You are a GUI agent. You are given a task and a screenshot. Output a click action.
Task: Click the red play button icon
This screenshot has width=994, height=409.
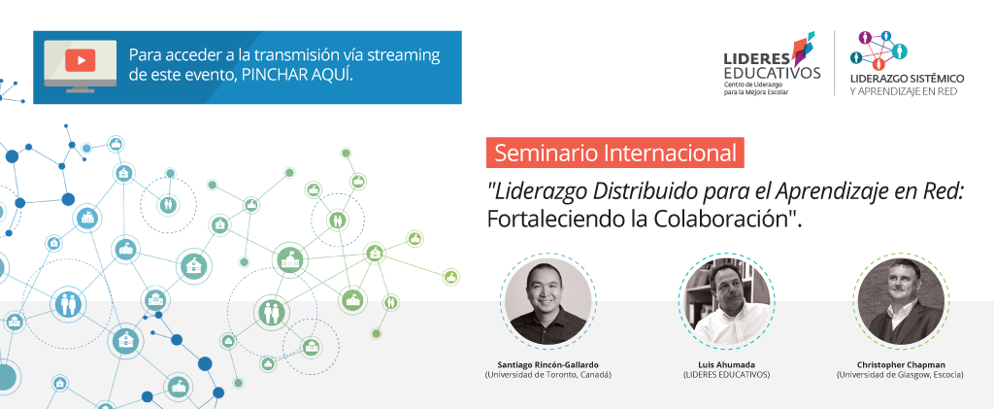[x=80, y=60]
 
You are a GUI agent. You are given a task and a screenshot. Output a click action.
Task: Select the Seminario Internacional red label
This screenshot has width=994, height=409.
[x=614, y=153]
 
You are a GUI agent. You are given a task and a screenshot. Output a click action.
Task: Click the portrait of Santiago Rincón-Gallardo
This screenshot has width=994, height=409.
[x=547, y=300]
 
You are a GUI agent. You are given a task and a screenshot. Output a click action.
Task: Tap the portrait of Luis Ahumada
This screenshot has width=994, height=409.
[x=726, y=300]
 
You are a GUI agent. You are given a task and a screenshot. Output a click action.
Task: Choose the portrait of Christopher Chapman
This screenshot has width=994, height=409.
[x=900, y=300]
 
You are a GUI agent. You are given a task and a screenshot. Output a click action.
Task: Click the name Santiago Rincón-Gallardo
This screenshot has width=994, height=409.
[x=547, y=364]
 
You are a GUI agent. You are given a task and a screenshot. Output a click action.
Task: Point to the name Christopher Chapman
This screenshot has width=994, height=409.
[x=900, y=364]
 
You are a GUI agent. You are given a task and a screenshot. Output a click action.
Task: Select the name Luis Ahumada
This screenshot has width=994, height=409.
[x=726, y=364]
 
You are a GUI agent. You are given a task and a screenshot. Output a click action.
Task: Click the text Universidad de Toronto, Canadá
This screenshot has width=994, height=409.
[x=547, y=375]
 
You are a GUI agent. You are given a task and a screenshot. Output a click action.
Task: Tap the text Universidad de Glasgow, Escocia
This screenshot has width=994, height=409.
[x=900, y=375]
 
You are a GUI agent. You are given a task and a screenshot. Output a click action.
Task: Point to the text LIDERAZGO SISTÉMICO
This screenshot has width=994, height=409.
[x=908, y=79]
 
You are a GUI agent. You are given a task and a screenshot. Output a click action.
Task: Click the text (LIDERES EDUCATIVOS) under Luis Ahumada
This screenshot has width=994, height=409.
[x=726, y=375]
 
